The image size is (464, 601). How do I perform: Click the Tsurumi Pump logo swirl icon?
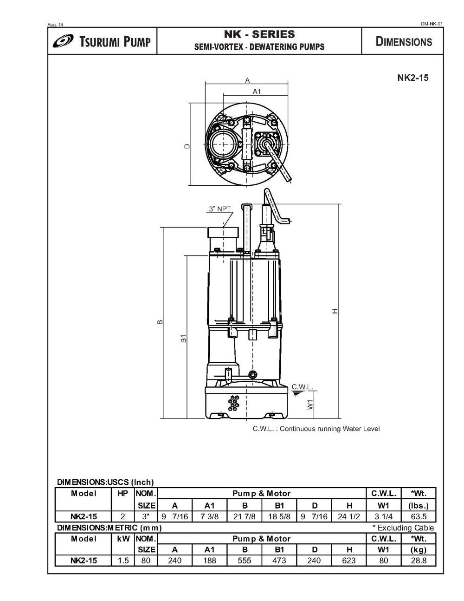point(64,41)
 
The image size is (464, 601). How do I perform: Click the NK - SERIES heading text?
point(259,34)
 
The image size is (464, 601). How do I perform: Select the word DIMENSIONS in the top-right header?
point(403,41)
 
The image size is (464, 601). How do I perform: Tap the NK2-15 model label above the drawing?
point(412,78)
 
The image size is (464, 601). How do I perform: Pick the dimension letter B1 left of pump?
point(184,339)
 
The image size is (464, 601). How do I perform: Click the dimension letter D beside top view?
point(187,146)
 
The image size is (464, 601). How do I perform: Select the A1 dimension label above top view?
point(257,91)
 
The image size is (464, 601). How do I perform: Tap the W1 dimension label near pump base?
point(310,405)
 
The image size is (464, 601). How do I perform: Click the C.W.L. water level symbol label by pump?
point(302,387)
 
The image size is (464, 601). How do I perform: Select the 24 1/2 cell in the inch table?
point(349,516)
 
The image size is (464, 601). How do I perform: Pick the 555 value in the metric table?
point(245,561)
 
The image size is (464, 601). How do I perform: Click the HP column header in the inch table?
point(123,493)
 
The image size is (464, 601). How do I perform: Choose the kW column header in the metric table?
point(123,539)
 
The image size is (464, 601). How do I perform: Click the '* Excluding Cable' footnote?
point(403,528)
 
